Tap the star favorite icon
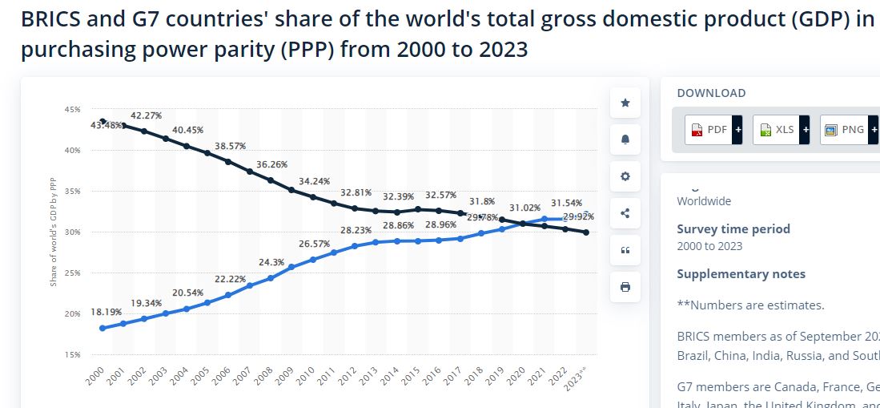pyautogui.click(x=625, y=103)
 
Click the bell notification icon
pyautogui.click(x=625, y=139)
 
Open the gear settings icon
pyautogui.click(x=625, y=176)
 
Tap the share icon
pyautogui.click(x=625, y=213)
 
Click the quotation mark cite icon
pyautogui.click(x=625, y=250)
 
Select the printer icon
pyautogui.click(x=625, y=287)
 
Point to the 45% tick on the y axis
pyautogui.click(x=72, y=110)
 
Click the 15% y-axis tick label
pyautogui.click(x=72, y=354)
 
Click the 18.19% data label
pyautogui.click(x=106, y=311)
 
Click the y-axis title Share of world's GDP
pyautogui.click(x=54, y=232)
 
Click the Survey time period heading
pyautogui.click(x=733, y=229)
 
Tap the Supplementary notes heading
pyautogui.click(x=741, y=274)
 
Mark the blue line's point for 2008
pyautogui.click(x=271, y=278)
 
